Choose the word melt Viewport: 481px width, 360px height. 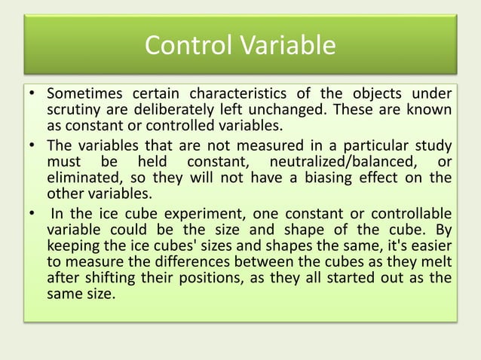[440, 262]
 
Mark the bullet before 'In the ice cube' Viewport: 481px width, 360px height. [34, 213]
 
